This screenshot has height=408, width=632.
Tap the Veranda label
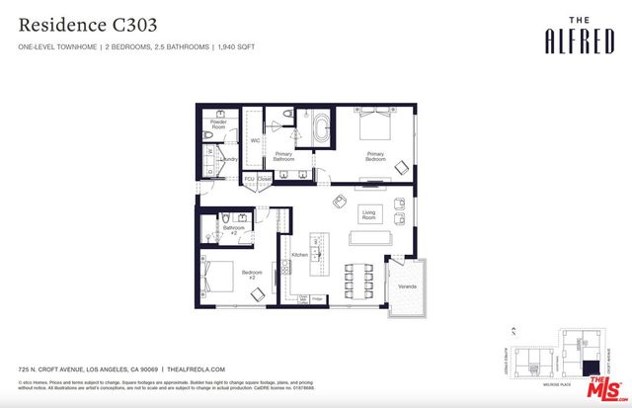click(x=407, y=287)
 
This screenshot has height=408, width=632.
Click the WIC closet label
click(x=255, y=140)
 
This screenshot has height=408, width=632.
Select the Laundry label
click(x=229, y=158)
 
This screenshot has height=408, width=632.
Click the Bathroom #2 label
click(x=234, y=230)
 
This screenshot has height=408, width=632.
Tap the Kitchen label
click(x=299, y=255)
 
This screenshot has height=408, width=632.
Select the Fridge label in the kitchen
click(x=318, y=298)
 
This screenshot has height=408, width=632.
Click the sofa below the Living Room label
click(x=369, y=238)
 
